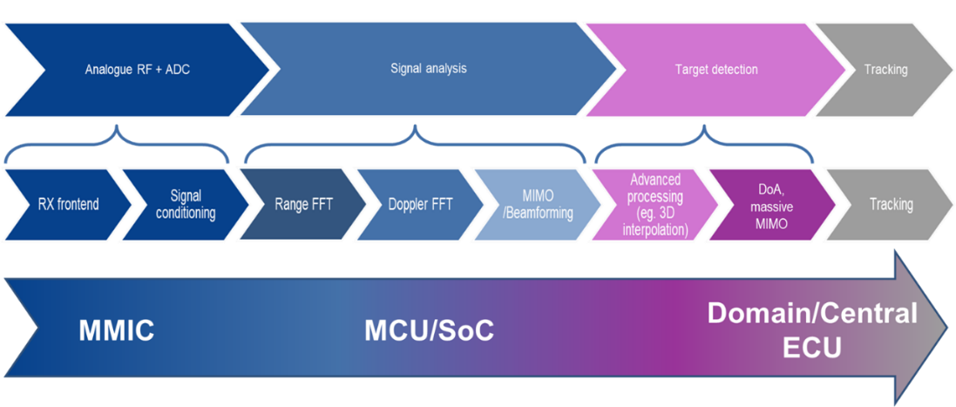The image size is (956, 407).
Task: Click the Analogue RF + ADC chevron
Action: click(137, 69)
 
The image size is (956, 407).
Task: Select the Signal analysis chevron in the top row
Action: click(427, 69)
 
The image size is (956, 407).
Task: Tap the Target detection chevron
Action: click(716, 69)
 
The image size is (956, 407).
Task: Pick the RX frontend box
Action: click(68, 205)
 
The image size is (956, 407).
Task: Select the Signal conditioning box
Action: click(186, 205)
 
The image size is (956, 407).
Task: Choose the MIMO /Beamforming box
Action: click(536, 205)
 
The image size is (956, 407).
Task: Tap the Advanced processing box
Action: click(654, 205)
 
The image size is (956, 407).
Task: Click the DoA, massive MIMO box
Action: click(770, 205)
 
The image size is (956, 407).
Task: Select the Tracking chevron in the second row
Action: click(889, 205)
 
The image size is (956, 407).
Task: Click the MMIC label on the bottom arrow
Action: click(117, 331)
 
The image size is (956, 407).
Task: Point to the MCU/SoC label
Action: click(429, 331)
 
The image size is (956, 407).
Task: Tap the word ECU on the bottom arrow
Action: click(811, 349)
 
